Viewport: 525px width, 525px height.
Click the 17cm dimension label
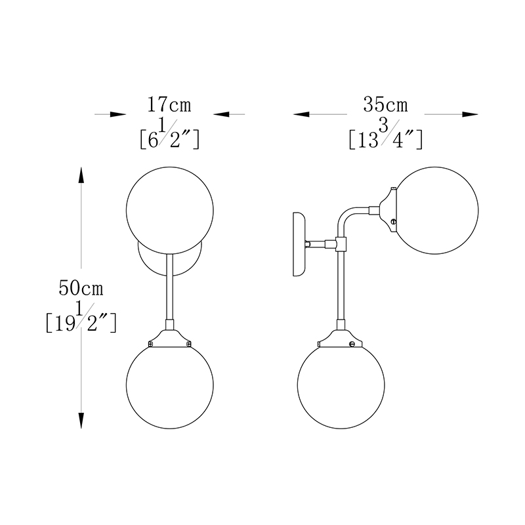(x=169, y=104)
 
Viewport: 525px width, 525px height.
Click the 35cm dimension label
(x=386, y=104)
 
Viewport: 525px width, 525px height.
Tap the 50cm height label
(x=81, y=288)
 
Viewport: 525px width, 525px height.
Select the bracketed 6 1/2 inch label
(x=169, y=135)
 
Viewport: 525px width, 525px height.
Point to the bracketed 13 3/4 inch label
(x=386, y=135)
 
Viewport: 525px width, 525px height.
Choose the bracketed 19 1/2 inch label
(x=81, y=317)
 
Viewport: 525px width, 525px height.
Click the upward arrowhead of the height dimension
(x=81, y=175)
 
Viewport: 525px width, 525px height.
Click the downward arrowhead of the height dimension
(x=81, y=421)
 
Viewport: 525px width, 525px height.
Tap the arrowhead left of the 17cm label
(x=118, y=114)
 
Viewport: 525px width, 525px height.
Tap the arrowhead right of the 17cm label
(x=221, y=114)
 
